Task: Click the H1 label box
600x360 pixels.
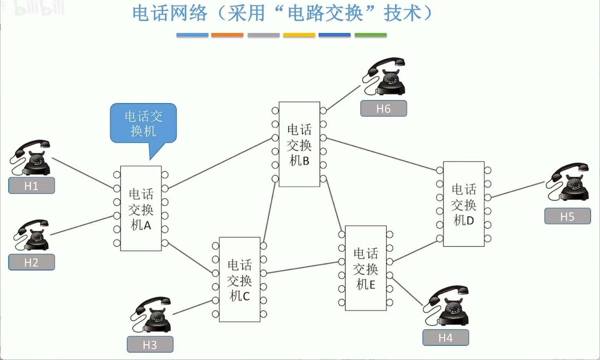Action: click(x=31, y=185)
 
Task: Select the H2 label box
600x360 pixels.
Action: click(x=31, y=262)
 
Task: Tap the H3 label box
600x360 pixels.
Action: click(x=150, y=345)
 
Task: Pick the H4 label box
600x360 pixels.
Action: click(x=445, y=338)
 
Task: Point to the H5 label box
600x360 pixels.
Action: click(x=567, y=216)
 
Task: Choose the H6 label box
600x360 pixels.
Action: click(x=383, y=109)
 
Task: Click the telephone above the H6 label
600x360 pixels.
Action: click(x=385, y=77)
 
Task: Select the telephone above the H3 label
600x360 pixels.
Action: click(x=152, y=315)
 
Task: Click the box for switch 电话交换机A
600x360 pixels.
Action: click(x=141, y=208)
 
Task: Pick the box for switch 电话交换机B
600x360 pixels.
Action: click(x=299, y=144)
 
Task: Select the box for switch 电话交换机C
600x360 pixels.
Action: click(x=239, y=279)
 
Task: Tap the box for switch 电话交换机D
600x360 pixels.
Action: click(x=463, y=204)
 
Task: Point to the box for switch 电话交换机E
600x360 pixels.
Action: click(x=365, y=268)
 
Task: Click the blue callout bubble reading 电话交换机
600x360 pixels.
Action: click(x=143, y=123)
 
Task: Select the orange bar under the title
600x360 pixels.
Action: click(x=227, y=35)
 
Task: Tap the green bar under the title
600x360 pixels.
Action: click(x=370, y=35)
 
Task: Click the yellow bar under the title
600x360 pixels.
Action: click(x=299, y=35)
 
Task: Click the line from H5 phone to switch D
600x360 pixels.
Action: click(x=518, y=189)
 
